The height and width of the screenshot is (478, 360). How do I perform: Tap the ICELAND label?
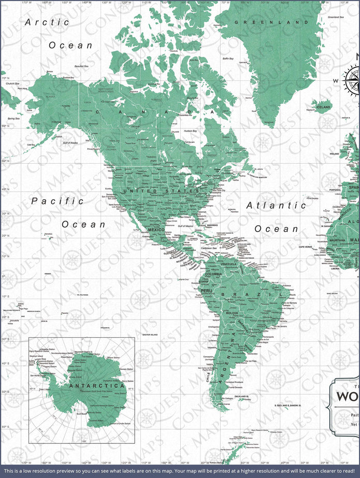pos(323,107)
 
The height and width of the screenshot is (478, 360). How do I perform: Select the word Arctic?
pos(47,22)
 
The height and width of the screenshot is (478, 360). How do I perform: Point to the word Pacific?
pos(57,201)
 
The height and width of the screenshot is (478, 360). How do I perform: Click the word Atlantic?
pos(272,205)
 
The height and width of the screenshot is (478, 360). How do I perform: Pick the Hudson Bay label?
pos(190,131)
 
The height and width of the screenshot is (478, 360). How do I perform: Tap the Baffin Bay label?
pos(228,59)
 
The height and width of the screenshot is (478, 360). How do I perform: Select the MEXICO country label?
pos(156,229)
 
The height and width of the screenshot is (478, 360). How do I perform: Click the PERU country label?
pos(207,291)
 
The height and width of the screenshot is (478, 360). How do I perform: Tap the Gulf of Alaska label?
pos(69,142)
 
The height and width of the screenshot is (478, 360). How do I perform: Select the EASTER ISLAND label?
pos(150,335)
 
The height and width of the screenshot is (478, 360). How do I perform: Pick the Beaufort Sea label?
pos(68,66)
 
